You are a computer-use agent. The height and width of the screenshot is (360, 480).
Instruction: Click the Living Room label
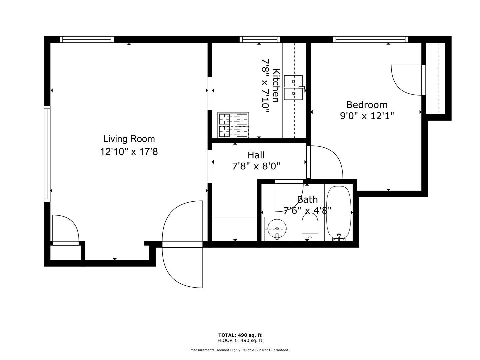(129, 139)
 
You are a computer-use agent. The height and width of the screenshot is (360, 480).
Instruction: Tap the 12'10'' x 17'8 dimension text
(129, 151)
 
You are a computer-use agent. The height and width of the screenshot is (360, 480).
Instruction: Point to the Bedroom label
(367, 105)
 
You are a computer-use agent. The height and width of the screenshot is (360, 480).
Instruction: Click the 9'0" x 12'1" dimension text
(367, 116)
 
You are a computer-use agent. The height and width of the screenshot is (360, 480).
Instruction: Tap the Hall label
(256, 155)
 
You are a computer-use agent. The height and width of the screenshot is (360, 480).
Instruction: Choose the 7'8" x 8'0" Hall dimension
(256, 167)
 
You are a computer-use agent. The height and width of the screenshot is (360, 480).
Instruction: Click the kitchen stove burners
(233, 125)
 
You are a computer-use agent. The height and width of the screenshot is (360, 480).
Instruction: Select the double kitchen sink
(293, 87)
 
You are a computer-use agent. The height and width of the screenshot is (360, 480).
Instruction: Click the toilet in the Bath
(310, 227)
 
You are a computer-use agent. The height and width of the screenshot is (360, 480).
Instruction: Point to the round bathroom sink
(277, 229)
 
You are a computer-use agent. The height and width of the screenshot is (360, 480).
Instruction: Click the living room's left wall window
(47, 154)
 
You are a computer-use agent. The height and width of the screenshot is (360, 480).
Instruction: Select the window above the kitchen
(260, 39)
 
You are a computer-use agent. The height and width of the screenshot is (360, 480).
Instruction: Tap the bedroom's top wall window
(370, 39)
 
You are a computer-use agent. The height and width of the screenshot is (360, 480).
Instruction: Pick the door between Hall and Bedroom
(325, 162)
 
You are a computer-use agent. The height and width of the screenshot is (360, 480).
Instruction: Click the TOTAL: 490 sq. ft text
(240, 335)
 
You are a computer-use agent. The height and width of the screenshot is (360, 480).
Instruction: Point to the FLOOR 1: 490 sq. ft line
(240, 341)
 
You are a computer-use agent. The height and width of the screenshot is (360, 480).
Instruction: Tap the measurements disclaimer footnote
(240, 350)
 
